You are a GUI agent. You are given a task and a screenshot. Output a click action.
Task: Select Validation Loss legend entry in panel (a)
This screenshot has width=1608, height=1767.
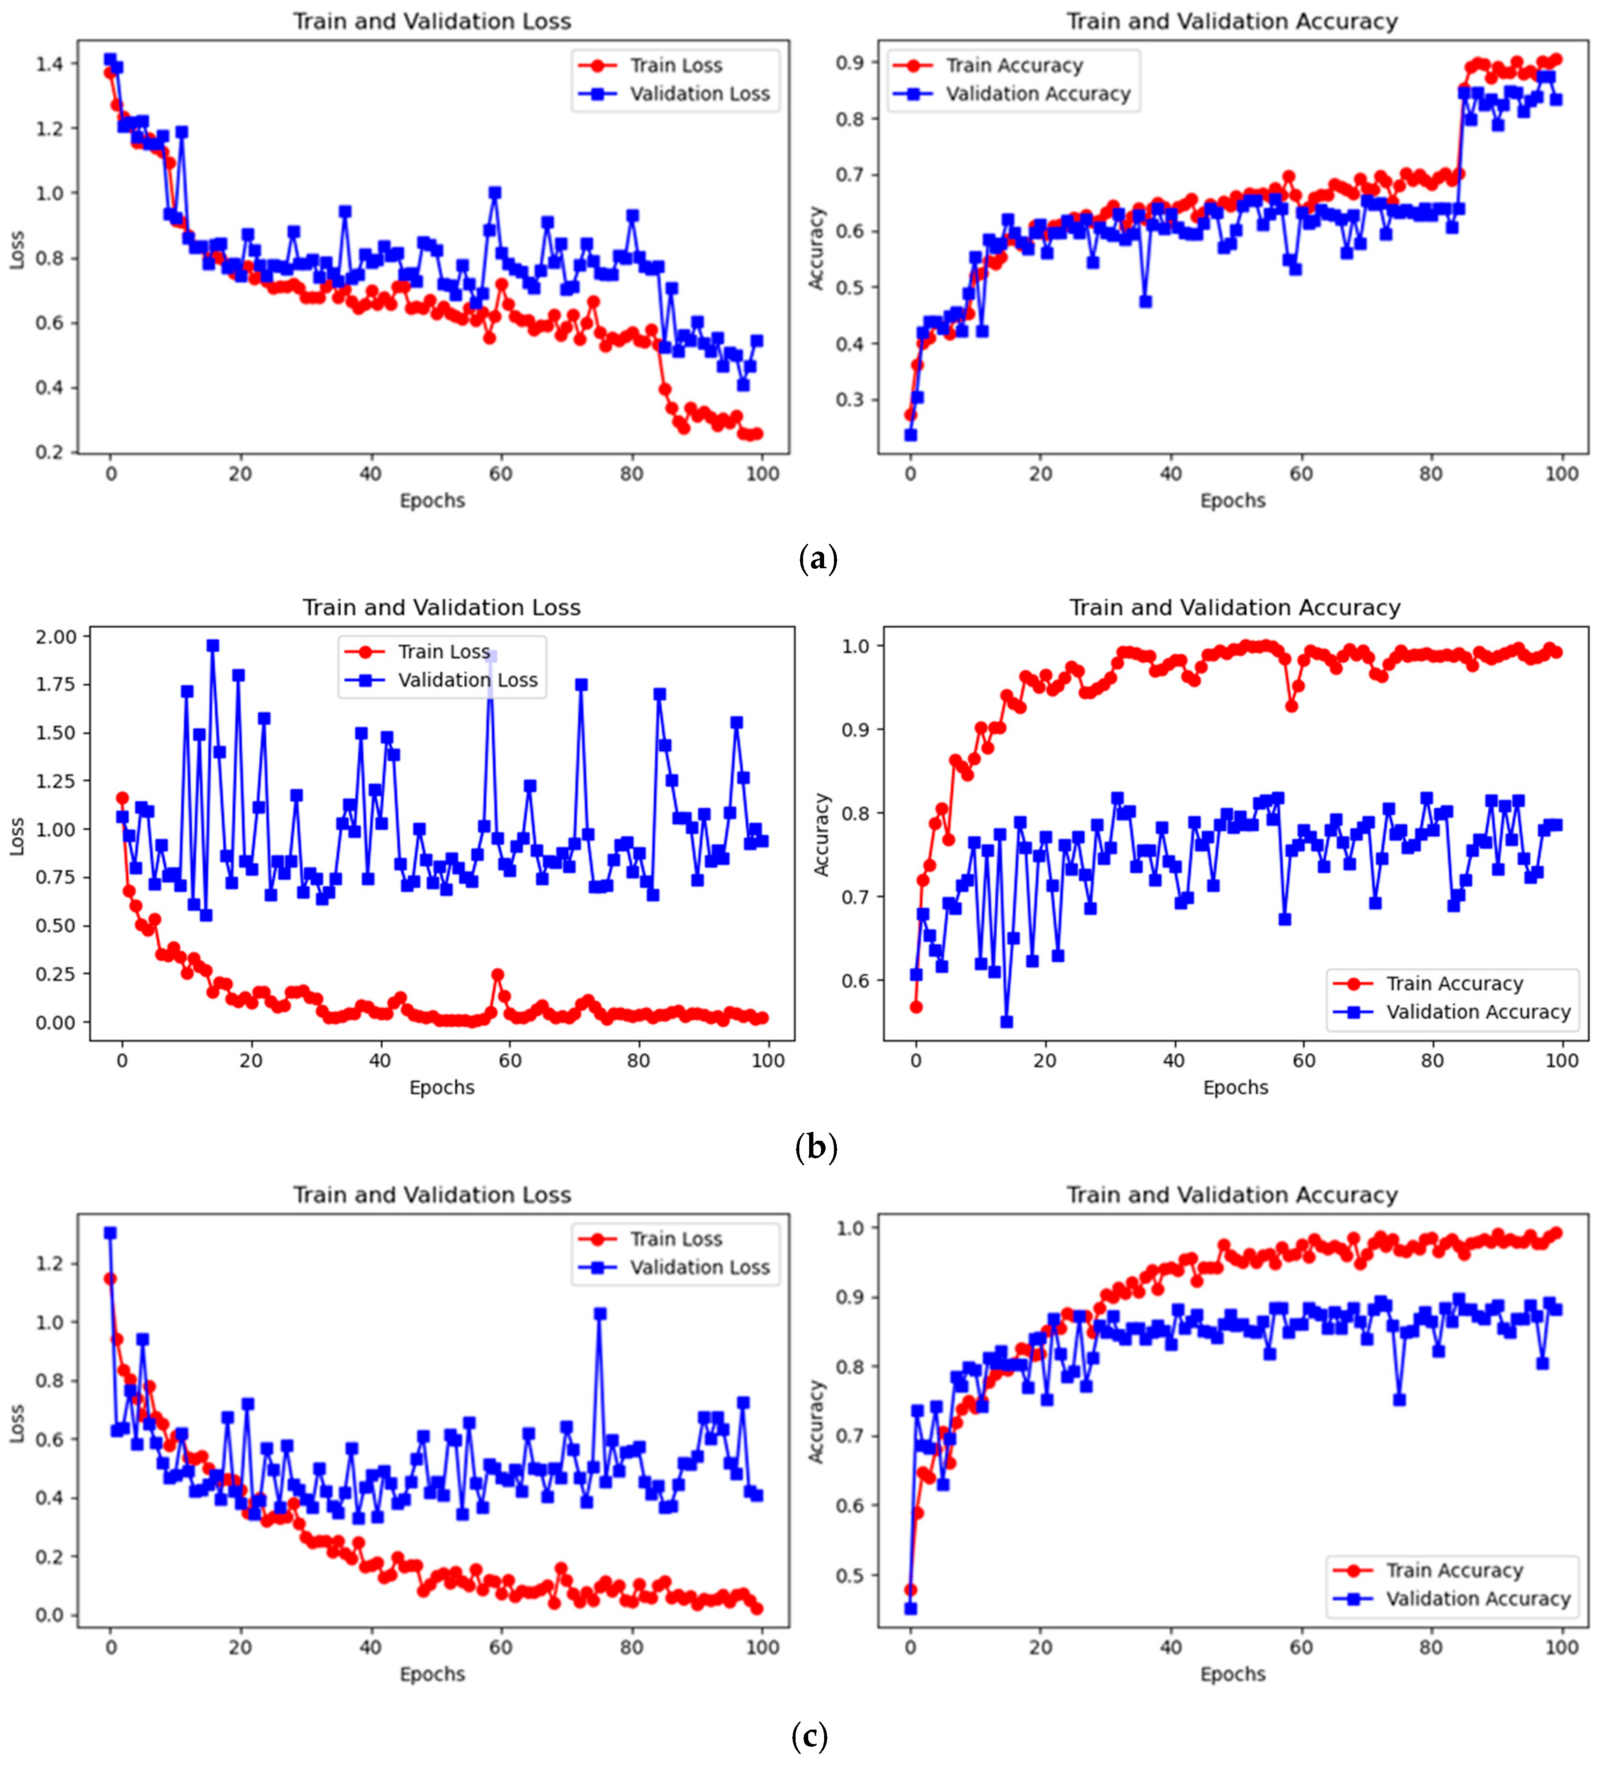coord(699,94)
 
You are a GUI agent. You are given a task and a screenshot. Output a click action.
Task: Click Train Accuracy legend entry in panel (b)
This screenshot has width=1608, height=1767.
coord(1454,984)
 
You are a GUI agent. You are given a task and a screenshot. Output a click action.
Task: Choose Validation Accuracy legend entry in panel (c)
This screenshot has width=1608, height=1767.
coord(1477,1599)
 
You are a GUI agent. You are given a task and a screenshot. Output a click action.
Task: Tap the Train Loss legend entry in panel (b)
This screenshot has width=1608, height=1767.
coord(444,651)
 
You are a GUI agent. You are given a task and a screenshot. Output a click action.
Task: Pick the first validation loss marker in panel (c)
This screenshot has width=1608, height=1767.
coord(110,1233)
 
